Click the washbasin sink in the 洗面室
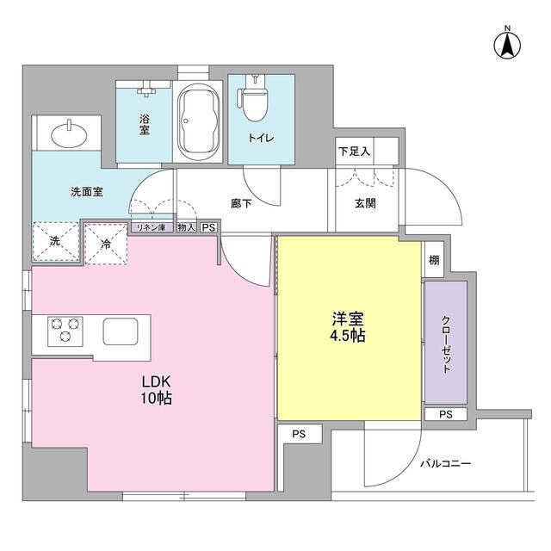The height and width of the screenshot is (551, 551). coord(68,135)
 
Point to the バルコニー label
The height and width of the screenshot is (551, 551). coord(445,463)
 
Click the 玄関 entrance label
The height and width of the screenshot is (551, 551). coord(363,204)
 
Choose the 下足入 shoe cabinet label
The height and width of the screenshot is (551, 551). coord(353,151)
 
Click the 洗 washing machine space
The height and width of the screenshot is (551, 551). coord(54,242)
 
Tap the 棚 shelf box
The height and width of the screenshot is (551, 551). coord(433,260)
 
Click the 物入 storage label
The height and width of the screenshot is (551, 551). coord(186,227)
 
